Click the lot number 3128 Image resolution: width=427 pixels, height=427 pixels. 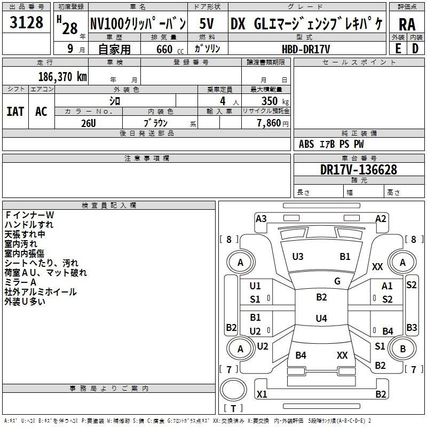(26, 22)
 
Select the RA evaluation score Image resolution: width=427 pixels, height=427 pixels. (407, 24)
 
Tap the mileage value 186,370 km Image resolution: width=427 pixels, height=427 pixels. (62, 76)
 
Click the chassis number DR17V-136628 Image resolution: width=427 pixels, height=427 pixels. (359, 169)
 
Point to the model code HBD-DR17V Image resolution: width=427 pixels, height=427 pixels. (306, 49)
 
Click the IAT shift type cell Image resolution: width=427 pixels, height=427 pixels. (15, 111)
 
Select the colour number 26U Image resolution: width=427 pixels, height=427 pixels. (88, 123)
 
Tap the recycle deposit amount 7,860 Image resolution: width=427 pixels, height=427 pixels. (273, 123)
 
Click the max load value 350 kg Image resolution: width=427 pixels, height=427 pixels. (275, 101)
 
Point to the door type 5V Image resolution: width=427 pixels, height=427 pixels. (207, 23)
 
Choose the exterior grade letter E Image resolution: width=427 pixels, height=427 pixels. (398, 49)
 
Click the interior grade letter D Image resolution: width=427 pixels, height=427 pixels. (415, 49)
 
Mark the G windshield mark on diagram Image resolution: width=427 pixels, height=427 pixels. (337, 281)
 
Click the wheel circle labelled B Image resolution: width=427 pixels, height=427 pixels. (403, 349)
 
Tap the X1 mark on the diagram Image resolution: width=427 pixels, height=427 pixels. (262, 394)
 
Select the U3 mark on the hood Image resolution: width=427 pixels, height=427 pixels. (298, 256)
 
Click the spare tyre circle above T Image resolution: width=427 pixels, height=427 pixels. (233, 390)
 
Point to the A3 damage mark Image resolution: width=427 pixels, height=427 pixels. (261, 218)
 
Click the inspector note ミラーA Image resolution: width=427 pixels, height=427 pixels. (20, 282)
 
